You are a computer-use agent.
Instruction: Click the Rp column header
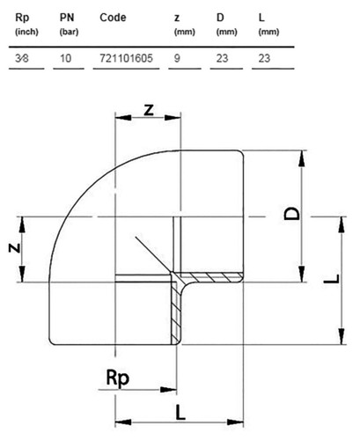pos(22,18)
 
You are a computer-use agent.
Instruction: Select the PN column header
pos(67,18)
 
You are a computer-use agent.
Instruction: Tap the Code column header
pos(113,18)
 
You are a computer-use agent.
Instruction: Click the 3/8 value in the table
pos(22,58)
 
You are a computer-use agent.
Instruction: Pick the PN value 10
pos(66,58)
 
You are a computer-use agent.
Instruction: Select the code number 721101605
pos(126,58)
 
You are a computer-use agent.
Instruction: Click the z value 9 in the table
pos(177,58)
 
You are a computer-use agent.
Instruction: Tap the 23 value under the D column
pos(222,58)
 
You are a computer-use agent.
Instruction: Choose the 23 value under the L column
pos(264,58)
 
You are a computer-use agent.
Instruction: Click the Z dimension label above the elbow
pos(149,110)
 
